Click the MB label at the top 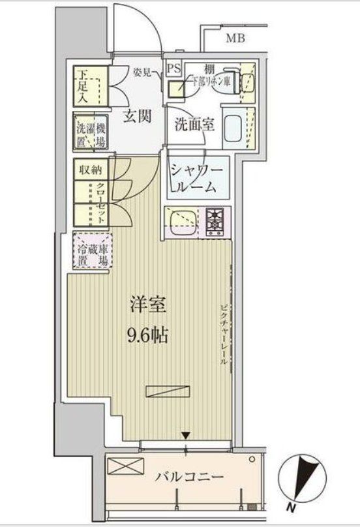click(x=235, y=38)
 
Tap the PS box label click(x=174, y=68)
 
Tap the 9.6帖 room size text click(x=148, y=335)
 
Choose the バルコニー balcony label click(x=189, y=477)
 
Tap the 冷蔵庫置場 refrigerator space click(x=92, y=250)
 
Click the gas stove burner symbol click(x=215, y=222)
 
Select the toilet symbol click(x=246, y=80)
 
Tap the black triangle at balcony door click(x=187, y=435)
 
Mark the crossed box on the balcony click(x=126, y=468)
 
